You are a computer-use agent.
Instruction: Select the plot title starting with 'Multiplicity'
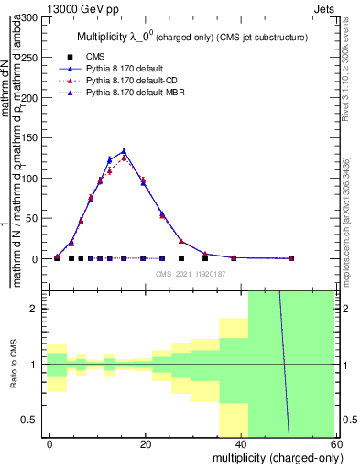coord(191,36)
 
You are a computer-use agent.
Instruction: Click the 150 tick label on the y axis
coord(32,138)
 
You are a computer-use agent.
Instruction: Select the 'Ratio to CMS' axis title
coord(14,364)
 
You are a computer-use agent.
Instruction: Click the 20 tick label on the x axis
coord(146,443)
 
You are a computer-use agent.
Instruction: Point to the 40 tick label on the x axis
coord(241,443)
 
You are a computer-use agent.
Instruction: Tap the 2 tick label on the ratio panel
coord(39,309)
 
